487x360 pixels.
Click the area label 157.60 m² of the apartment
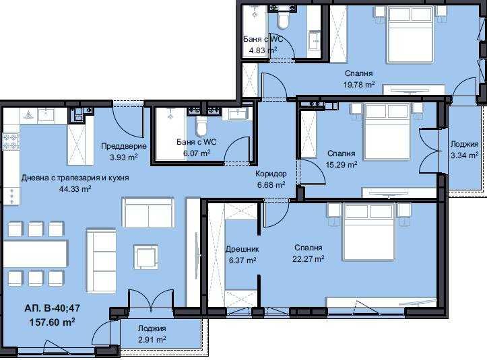[52, 322]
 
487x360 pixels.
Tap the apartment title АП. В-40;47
[52, 308]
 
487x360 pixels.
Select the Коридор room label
[271, 174]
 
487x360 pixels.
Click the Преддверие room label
[124, 146]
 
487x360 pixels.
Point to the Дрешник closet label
[242, 249]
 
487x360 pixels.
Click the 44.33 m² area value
[75, 188]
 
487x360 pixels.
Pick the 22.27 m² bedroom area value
[309, 258]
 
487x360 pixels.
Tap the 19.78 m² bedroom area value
[359, 84]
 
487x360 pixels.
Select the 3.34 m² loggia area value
[465, 155]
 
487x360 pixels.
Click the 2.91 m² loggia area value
[152, 340]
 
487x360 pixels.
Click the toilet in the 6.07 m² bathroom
[201, 126]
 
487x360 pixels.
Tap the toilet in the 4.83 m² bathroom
[283, 20]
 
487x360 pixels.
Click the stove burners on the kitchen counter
[11, 141]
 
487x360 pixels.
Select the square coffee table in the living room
[146, 256]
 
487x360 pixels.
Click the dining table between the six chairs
[36, 253]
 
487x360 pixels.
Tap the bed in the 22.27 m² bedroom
[368, 232]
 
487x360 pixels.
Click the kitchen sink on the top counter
[46, 114]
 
